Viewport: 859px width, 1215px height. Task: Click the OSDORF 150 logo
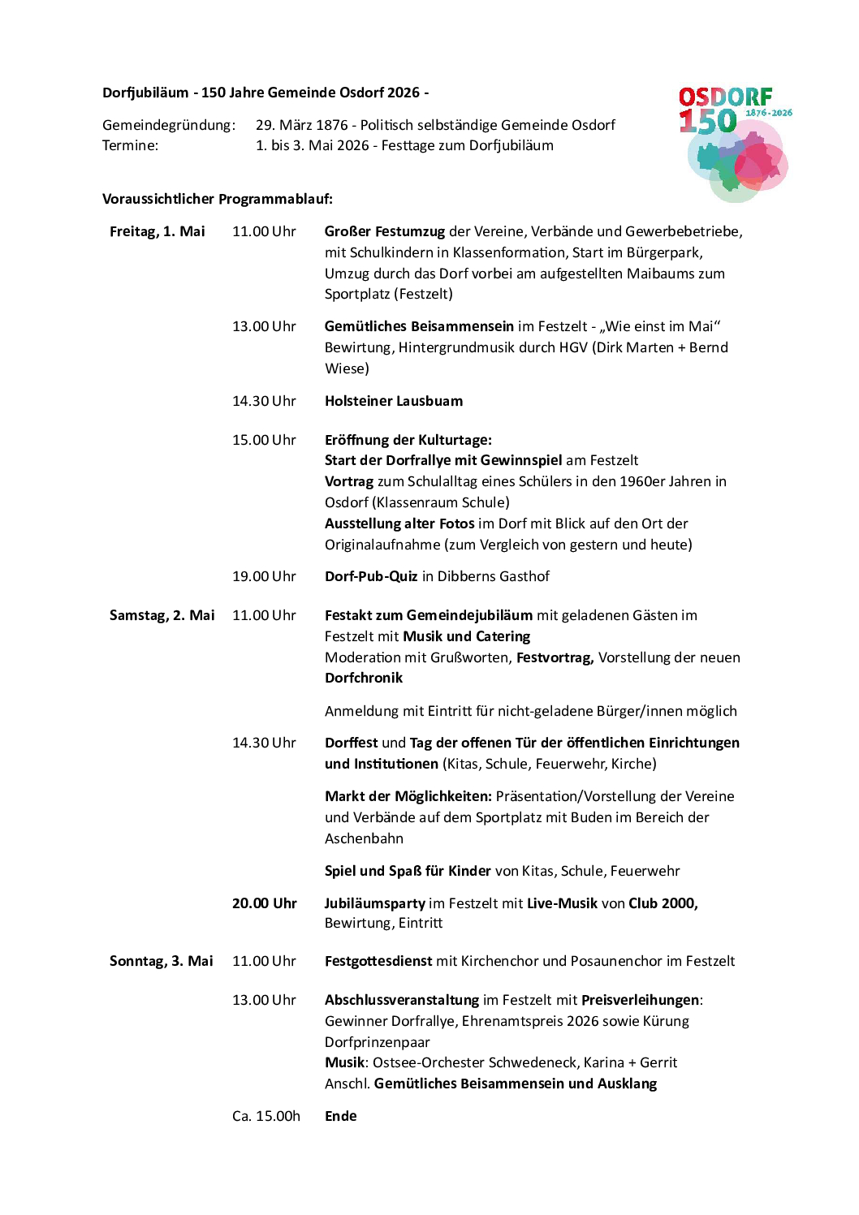pyautogui.click(x=734, y=143)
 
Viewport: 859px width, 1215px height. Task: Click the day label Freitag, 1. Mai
pyautogui.click(x=158, y=231)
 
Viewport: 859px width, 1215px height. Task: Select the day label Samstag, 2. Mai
pyautogui.click(x=162, y=615)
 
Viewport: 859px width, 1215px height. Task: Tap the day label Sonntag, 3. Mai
pyautogui.click(x=162, y=961)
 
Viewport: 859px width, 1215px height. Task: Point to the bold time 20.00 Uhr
pyautogui.click(x=265, y=903)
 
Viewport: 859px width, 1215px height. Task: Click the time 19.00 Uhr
pyautogui.click(x=265, y=576)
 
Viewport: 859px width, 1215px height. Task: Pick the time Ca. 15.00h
pyautogui.click(x=266, y=1116)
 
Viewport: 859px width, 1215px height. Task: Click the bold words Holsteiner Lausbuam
pyautogui.click(x=394, y=401)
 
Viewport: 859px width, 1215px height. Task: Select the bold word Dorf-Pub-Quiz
pyautogui.click(x=371, y=576)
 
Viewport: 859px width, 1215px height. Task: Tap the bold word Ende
pyautogui.click(x=341, y=1116)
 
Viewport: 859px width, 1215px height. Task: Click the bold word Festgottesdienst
pyautogui.click(x=378, y=961)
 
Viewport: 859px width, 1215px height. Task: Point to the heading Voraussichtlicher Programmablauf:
pyautogui.click(x=218, y=199)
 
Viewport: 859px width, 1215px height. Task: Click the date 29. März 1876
pyautogui.click(x=302, y=125)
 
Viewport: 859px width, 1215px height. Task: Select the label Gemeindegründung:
pyautogui.click(x=169, y=125)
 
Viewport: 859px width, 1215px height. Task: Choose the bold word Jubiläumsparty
pyautogui.click(x=375, y=903)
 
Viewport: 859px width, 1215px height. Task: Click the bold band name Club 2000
pyautogui.click(x=663, y=903)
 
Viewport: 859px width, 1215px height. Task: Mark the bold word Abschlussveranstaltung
pyautogui.click(x=402, y=1000)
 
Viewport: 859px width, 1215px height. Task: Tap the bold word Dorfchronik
pyautogui.click(x=364, y=678)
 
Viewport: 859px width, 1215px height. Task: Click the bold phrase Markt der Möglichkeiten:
pyautogui.click(x=408, y=796)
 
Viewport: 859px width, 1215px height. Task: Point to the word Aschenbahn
pyautogui.click(x=364, y=838)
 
